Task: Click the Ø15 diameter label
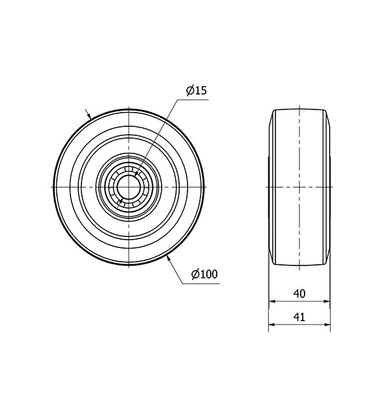pyautogui.click(x=196, y=91)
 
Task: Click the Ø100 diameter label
pyautogui.click(x=204, y=275)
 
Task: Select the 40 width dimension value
pyautogui.click(x=299, y=293)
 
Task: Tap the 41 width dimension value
pyautogui.click(x=299, y=318)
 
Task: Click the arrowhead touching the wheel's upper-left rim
pyautogui.click(x=89, y=116)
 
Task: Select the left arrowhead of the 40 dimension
pyautogui.click(x=272, y=301)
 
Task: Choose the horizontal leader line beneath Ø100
pyautogui.click(x=204, y=283)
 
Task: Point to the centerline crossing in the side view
pyautogui.click(x=300, y=186)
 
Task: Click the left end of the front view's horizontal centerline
pyautogui.click(x=45, y=186)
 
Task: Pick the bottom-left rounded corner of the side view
pyautogui.click(x=272, y=262)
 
